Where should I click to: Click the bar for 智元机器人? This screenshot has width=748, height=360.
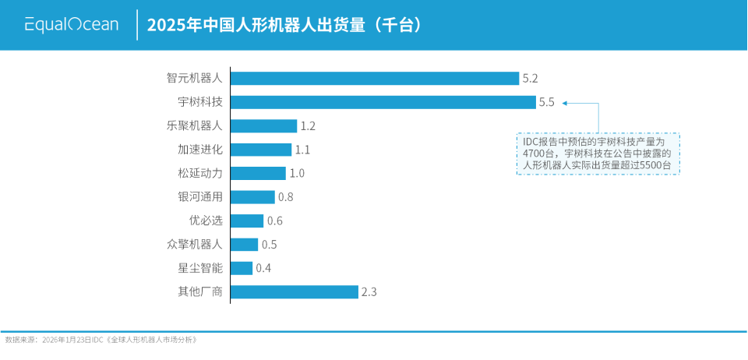(x=375, y=78)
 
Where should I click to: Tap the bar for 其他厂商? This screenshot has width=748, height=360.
(x=295, y=292)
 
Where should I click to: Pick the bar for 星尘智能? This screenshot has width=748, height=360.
(x=242, y=268)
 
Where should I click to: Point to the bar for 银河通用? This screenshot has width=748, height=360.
(x=253, y=197)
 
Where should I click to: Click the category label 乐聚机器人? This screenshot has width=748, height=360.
(x=194, y=125)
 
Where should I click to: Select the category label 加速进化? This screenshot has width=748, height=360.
(x=200, y=150)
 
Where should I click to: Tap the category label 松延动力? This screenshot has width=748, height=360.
(x=200, y=173)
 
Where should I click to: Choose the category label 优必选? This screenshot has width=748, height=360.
(x=206, y=221)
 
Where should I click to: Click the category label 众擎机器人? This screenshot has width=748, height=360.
(x=194, y=244)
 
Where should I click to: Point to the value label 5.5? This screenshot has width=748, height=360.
(x=546, y=102)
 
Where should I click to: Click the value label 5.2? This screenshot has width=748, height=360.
(x=531, y=78)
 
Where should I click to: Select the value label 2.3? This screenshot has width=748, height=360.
(x=369, y=292)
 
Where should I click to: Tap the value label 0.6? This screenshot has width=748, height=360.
(x=275, y=221)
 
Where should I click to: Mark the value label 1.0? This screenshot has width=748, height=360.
(x=297, y=173)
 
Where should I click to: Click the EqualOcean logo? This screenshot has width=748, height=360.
(x=72, y=25)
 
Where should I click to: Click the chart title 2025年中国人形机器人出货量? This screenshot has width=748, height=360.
(x=284, y=25)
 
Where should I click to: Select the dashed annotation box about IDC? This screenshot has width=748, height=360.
(x=598, y=154)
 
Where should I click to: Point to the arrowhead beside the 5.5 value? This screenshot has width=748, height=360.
(x=565, y=102)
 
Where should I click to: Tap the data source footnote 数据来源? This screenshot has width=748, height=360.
(x=101, y=340)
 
